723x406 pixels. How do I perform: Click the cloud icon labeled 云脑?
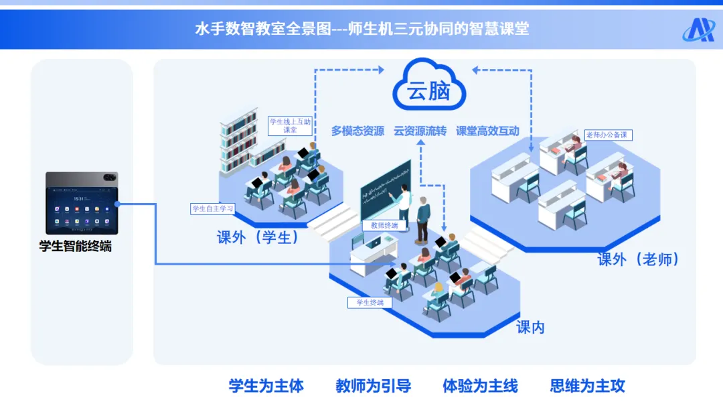click(x=429, y=86)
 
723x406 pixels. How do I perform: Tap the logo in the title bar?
click(x=698, y=29)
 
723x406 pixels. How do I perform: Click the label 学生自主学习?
click(x=213, y=209)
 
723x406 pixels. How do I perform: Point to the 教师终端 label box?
click(x=384, y=226)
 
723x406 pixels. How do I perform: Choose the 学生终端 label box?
click(x=370, y=303)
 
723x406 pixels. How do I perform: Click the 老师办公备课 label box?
click(x=608, y=135)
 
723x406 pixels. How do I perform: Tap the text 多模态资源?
click(x=357, y=131)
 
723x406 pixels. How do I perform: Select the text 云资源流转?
click(x=420, y=131)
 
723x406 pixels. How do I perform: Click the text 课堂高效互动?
click(x=487, y=131)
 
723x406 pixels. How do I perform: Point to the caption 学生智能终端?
click(x=75, y=246)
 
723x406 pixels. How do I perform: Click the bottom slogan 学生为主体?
click(x=266, y=386)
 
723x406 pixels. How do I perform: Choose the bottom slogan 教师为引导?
click(x=373, y=386)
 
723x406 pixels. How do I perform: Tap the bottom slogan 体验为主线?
click(x=480, y=386)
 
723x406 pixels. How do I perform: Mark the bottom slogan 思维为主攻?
click(x=587, y=386)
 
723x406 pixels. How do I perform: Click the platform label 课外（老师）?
click(x=638, y=259)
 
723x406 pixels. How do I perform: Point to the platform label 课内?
click(x=530, y=327)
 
